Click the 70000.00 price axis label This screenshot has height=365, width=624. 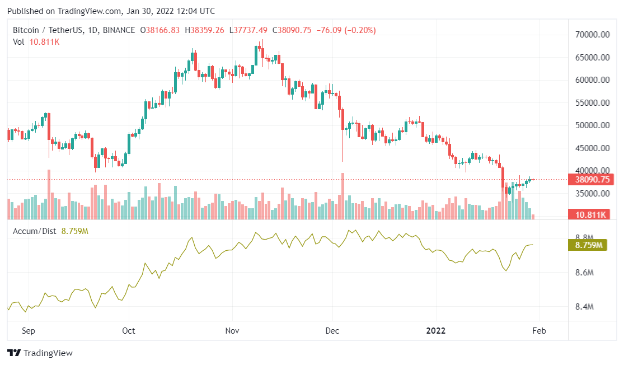tap(592, 35)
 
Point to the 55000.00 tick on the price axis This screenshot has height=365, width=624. tap(592, 103)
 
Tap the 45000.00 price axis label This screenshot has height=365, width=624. tap(592, 148)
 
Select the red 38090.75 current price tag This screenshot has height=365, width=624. tap(592, 180)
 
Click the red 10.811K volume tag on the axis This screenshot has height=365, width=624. tap(588, 214)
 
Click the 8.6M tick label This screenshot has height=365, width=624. tap(584, 273)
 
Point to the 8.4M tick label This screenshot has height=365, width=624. tap(584, 307)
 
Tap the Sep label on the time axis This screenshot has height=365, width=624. tap(29, 331)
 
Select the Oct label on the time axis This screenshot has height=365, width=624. tap(129, 331)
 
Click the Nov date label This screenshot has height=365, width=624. tap(232, 331)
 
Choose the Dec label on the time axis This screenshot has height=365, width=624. tap(332, 331)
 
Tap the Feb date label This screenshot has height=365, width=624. tap(539, 331)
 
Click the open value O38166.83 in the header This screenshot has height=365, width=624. tap(160, 30)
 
